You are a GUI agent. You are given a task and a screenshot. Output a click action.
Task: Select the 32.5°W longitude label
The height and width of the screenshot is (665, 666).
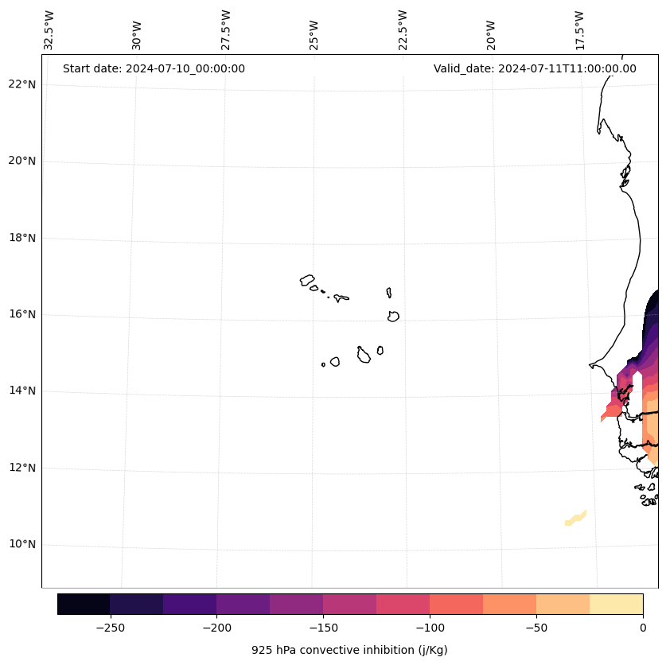(49, 30)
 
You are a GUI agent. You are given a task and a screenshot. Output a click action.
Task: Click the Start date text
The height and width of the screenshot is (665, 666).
(154, 68)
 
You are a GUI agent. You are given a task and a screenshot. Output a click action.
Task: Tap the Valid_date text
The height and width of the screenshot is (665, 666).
(535, 68)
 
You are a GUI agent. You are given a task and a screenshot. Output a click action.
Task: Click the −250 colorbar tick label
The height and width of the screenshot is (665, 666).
(110, 628)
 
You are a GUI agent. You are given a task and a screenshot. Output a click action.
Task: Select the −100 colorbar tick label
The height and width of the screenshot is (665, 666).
(430, 628)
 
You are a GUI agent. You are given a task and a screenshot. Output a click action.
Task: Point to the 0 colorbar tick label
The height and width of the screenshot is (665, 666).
(643, 628)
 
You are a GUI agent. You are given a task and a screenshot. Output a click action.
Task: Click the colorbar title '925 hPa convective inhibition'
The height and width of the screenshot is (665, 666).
(349, 650)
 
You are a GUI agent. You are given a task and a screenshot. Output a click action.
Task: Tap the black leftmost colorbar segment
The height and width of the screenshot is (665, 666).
(84, 604)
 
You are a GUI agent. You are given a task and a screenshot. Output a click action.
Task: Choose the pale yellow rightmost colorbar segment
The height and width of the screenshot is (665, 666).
(617, 604)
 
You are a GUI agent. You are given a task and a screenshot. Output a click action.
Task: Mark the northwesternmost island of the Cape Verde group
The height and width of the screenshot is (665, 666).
(307, 280)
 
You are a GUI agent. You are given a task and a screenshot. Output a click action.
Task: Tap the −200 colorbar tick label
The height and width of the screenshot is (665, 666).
(216, 628)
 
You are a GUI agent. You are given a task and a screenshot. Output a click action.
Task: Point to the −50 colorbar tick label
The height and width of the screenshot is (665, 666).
(536, 628)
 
